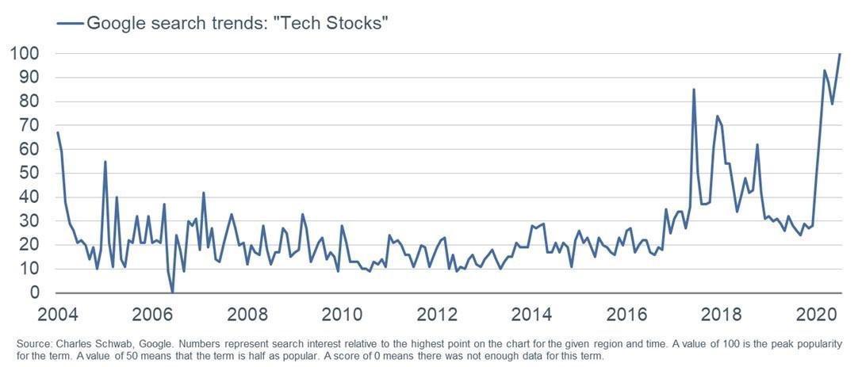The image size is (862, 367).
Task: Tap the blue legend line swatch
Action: [x=70, y=24]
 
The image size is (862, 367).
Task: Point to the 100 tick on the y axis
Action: [x=25, y=54]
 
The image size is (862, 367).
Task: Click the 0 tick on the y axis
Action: [x=35, y=293]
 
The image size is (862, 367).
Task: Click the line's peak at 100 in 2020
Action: [x=840, y=54]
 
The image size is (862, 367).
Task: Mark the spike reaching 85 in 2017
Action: [x=694, y=90]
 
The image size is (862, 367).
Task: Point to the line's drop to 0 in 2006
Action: [x=172, y=292]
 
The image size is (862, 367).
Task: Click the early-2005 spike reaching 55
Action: [x=105, y=162]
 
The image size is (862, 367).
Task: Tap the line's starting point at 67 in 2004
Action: [x=58, y=133]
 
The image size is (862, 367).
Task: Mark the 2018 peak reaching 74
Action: [x=717, y=117]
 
